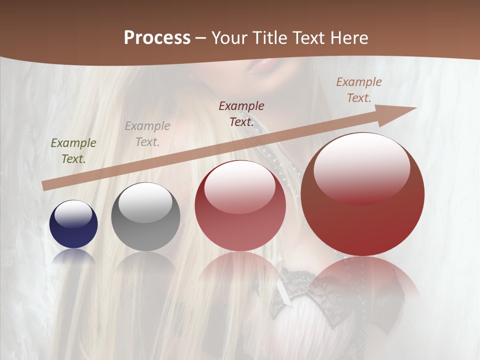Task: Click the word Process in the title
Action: pyautogui.click(x=157, y=38)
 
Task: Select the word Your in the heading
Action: pyautogui.click(x=229, y=38)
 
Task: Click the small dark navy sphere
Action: pyautogui.click(x=73, y=224)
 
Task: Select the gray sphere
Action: pyautogui.click(x=145, y=216)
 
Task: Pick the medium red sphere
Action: pyautogui.click(x=240, y=205)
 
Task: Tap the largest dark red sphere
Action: pyautogui.click(x=362, y=194)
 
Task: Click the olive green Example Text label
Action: pyautogui.click(x=73, y=150)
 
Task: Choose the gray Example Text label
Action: pyautogui.click(x=147, y=133)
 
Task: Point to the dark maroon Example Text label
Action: pyautogui.click(x=241, y=113)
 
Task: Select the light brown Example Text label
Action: pyautogui.click(x=359, y=89)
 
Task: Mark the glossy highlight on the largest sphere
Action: pyautogui.click(x=361, y=167)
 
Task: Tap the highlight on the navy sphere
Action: pyautogui.click(x=73, y=213)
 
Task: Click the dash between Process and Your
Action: pyautogui.click(x=201, y=38)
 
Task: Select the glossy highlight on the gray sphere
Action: pyautogui.click(x=145, y=202)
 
